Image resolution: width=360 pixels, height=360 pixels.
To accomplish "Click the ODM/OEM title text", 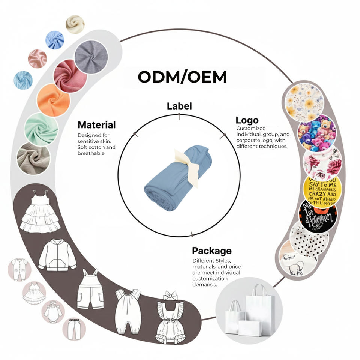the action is coord(182,77).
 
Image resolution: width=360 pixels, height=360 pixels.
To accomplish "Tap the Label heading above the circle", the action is coord(179,106).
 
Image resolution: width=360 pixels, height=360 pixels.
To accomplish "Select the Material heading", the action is coord(96,125).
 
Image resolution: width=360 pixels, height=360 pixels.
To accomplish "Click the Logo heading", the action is coord(247,120).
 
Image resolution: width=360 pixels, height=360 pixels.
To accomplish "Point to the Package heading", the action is coord(211,250).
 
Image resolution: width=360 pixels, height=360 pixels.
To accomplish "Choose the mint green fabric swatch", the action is coord(41,129).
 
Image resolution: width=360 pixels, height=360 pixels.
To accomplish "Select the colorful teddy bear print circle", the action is coord(316,132).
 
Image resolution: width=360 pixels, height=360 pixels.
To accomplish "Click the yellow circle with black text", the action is coord(322,187).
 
